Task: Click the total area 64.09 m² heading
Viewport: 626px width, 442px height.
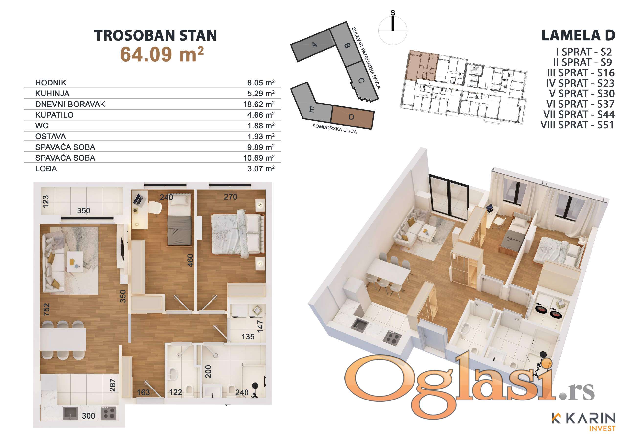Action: pyautogui.click(x=162, y=54)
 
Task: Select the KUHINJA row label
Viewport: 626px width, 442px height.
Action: pyautogui.click(x=52, y=94)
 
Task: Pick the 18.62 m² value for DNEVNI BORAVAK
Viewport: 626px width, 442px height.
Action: pyautogui.click(x=259, y=104)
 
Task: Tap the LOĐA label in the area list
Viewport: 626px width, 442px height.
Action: pyautogui.click(x=46, y=168)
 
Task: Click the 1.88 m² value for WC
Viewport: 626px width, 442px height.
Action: pyautogui.click(x=261, y=126)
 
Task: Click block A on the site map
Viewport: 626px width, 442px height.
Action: pyautogui.click(x=314, y=45)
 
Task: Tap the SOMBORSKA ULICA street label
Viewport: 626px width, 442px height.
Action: pyautogui.click(x=334, y=129)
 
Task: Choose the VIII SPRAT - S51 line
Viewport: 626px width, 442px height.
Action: pyautogui.click(x=577, y=125)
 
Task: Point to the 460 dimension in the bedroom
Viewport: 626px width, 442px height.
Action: pyautogui.click(x=190, y=260)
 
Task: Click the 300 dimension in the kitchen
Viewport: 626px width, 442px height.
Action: pyautogui.click(x=89, y=416)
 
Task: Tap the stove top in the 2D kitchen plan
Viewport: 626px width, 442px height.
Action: pyautogui.click(x=109, y=413)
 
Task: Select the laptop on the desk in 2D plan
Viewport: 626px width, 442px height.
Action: pyautogui.click(x=138, y=200)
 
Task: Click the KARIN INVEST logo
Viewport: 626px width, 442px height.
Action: pyautogui.click(x=584, y=422)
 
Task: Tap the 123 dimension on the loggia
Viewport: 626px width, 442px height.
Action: pyautogui.click(x=46, y=201)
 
